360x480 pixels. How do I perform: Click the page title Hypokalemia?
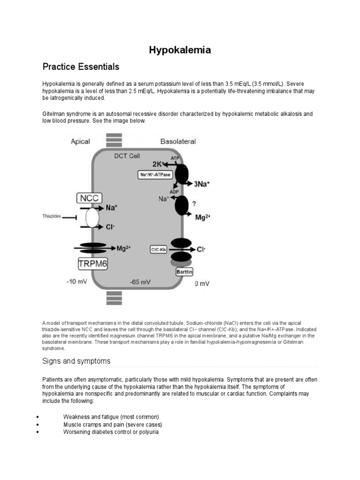point(180,50)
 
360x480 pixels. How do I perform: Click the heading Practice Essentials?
point(81,67)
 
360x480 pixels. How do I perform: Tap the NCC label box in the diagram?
point(90,198)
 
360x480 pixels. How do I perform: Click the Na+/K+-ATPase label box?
point(153,175)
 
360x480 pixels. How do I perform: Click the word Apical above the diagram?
point(80,141)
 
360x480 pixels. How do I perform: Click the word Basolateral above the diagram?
point(178,141)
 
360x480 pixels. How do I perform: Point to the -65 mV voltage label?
point(140,282)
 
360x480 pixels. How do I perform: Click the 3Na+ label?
point(202,184)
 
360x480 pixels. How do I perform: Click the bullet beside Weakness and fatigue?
point(37,417)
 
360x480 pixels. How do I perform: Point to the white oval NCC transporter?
point(92,217)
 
